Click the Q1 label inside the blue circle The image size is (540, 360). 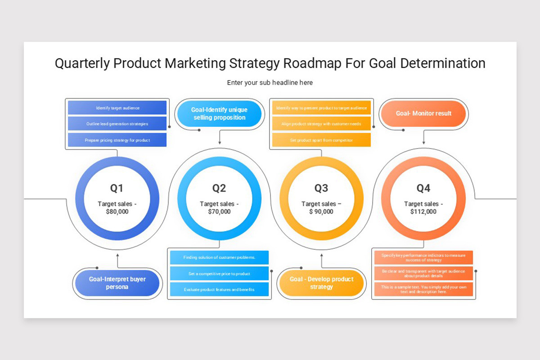(117, 188)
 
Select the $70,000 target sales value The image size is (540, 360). (219, 211)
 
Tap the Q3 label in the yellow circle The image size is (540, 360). (321, 188)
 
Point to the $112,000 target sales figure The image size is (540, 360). (423, 211)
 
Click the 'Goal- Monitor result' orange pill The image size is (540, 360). (423, 113)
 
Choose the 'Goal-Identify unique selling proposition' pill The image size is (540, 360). (219, 114)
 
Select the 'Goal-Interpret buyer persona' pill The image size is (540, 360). (117, 283)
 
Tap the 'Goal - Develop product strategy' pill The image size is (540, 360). (321, 283)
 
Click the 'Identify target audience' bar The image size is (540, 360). (117, 108)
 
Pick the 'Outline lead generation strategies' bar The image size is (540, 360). (117, 124)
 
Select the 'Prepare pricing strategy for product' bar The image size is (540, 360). (117, 140)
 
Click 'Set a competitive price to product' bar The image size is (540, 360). (219, 274)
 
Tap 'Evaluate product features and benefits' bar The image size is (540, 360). (219, 289)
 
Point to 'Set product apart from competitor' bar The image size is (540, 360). (321, 140)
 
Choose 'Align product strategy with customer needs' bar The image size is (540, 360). (321, 124)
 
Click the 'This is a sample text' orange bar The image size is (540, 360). (423, 289)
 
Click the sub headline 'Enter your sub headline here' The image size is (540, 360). (270, 83)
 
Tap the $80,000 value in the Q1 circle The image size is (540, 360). (117, 211)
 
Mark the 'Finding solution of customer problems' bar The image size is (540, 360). (219, 257)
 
